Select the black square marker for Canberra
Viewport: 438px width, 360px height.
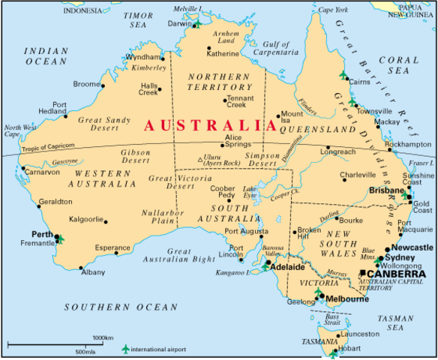point(364,274)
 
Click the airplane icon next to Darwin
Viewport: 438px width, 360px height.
point(198,23)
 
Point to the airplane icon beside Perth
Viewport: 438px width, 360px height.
point(60,239)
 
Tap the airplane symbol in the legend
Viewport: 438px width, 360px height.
point(124,349)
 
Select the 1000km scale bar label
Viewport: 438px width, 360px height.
point(103,337)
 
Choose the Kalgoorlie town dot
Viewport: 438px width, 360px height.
point(105,221)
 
